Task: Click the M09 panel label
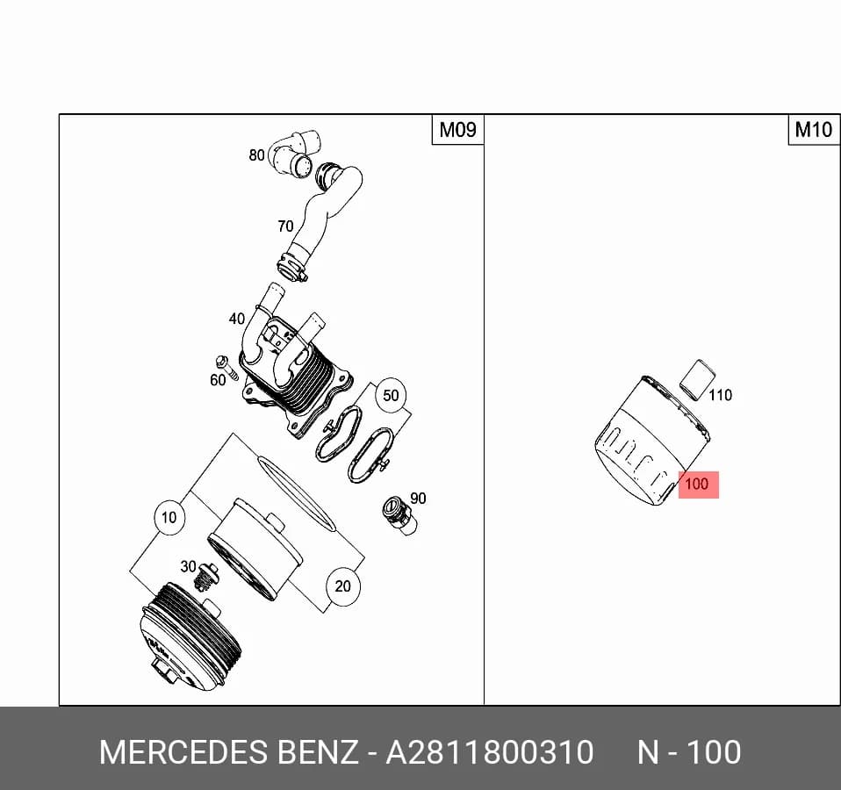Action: click(x=457, y=130)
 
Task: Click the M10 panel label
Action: click(x=814, y=130)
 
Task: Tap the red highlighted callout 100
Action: click(x=698, y=485)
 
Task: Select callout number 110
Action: click(x=721, y=395)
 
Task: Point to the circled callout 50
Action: click(x=391, y=395)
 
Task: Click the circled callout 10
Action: click(x=169, y=518)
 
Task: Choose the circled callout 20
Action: click(x=342, y=586)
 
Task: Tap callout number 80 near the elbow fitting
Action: click(x=257, y=155)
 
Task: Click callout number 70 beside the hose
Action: click(x=286, y=226)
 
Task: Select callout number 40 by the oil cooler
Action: click(x=237, y=319)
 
